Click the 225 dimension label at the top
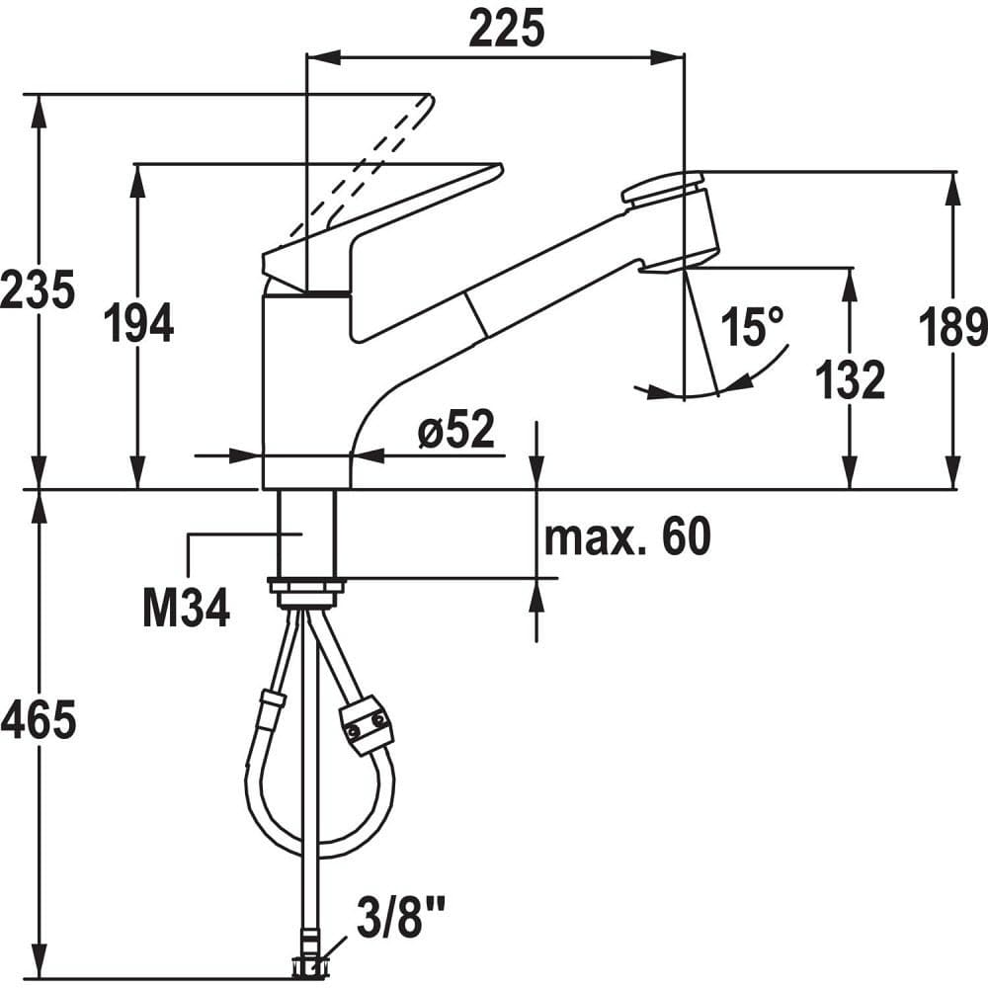(x=507, y=30)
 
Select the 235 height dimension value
(x=38, y=290)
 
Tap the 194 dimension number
(x=138, y=323)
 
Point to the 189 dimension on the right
(x=952, y=327)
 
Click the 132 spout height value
(x=851, y=380)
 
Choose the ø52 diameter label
(x=456, y=429)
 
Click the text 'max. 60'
(x=627, y=536)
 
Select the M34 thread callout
(x=187, y=609)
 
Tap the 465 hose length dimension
(x=40, y=719)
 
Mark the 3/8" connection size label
(x=401, y=918)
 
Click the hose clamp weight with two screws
(x=368, y=724)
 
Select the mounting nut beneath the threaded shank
(x=306, y=592)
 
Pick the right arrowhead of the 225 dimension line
(x=668, y=57)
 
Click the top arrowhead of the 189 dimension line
(x=953, y=188)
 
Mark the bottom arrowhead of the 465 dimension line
(x=40, y=962)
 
